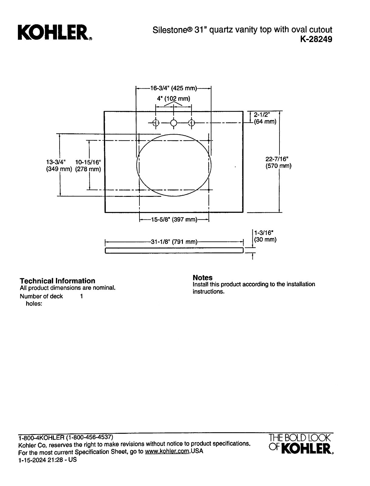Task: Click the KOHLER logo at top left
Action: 55,33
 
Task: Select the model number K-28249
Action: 316,39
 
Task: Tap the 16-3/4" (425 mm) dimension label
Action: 173,88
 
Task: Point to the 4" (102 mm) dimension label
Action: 173,98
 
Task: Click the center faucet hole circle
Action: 173,123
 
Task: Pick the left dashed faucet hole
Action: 156,123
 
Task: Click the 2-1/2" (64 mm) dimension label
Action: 265,118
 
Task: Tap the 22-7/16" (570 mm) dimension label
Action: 279,162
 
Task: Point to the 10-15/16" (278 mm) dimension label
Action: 88,166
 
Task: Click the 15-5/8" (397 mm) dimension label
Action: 174,219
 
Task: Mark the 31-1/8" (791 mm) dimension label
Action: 174,241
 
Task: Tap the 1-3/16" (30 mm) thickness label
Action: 265,236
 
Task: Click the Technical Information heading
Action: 57,281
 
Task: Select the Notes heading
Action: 203,277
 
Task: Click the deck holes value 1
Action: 81,296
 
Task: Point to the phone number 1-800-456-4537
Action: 89,437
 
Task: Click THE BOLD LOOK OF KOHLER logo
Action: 301,444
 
